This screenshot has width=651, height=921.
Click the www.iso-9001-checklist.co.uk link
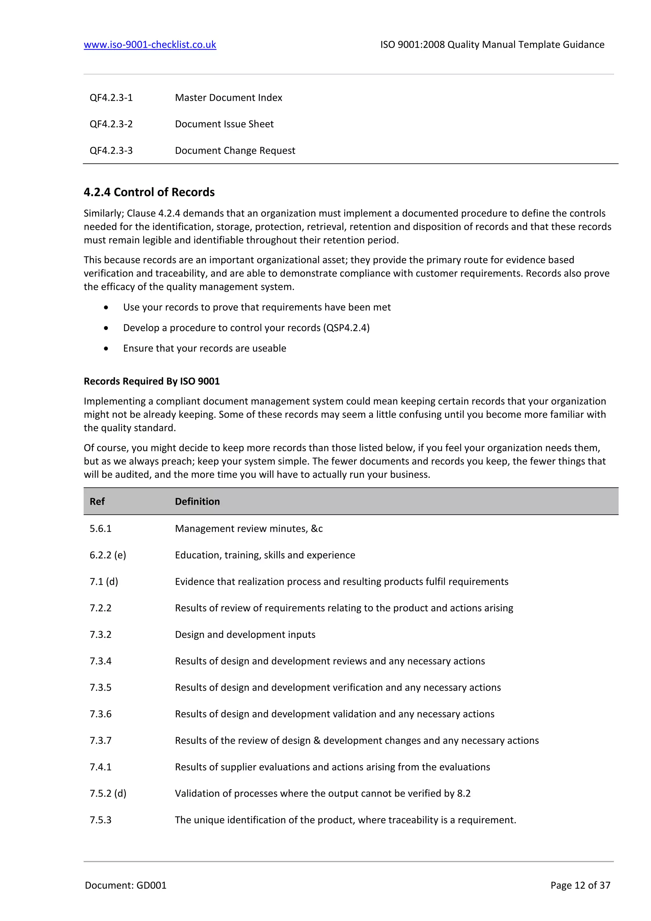(x=150, y=45)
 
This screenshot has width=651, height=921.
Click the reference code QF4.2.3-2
(x=111, y=124)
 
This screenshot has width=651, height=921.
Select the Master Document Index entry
(x=229, y=98)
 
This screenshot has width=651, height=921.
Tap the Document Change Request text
(x=235, y=150)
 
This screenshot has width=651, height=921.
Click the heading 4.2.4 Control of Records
(x=149, y=192)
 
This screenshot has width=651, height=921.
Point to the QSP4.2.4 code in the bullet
(x=347, y=328)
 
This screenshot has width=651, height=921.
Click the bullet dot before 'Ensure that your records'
(x=106, y=349)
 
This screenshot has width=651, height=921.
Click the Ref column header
(x=97, y=502)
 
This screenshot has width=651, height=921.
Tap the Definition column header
(x=197, y=502)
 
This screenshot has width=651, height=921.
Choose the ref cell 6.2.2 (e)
(x=108, y=555)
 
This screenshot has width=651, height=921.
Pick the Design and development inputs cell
(x=245, y=634)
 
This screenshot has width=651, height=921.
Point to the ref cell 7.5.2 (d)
(x=108, y=793)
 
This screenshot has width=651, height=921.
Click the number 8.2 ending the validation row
(x=464, y=793)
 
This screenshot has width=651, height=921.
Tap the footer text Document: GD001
(x=126, y=885)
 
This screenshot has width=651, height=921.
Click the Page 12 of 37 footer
(x=580, y=885)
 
